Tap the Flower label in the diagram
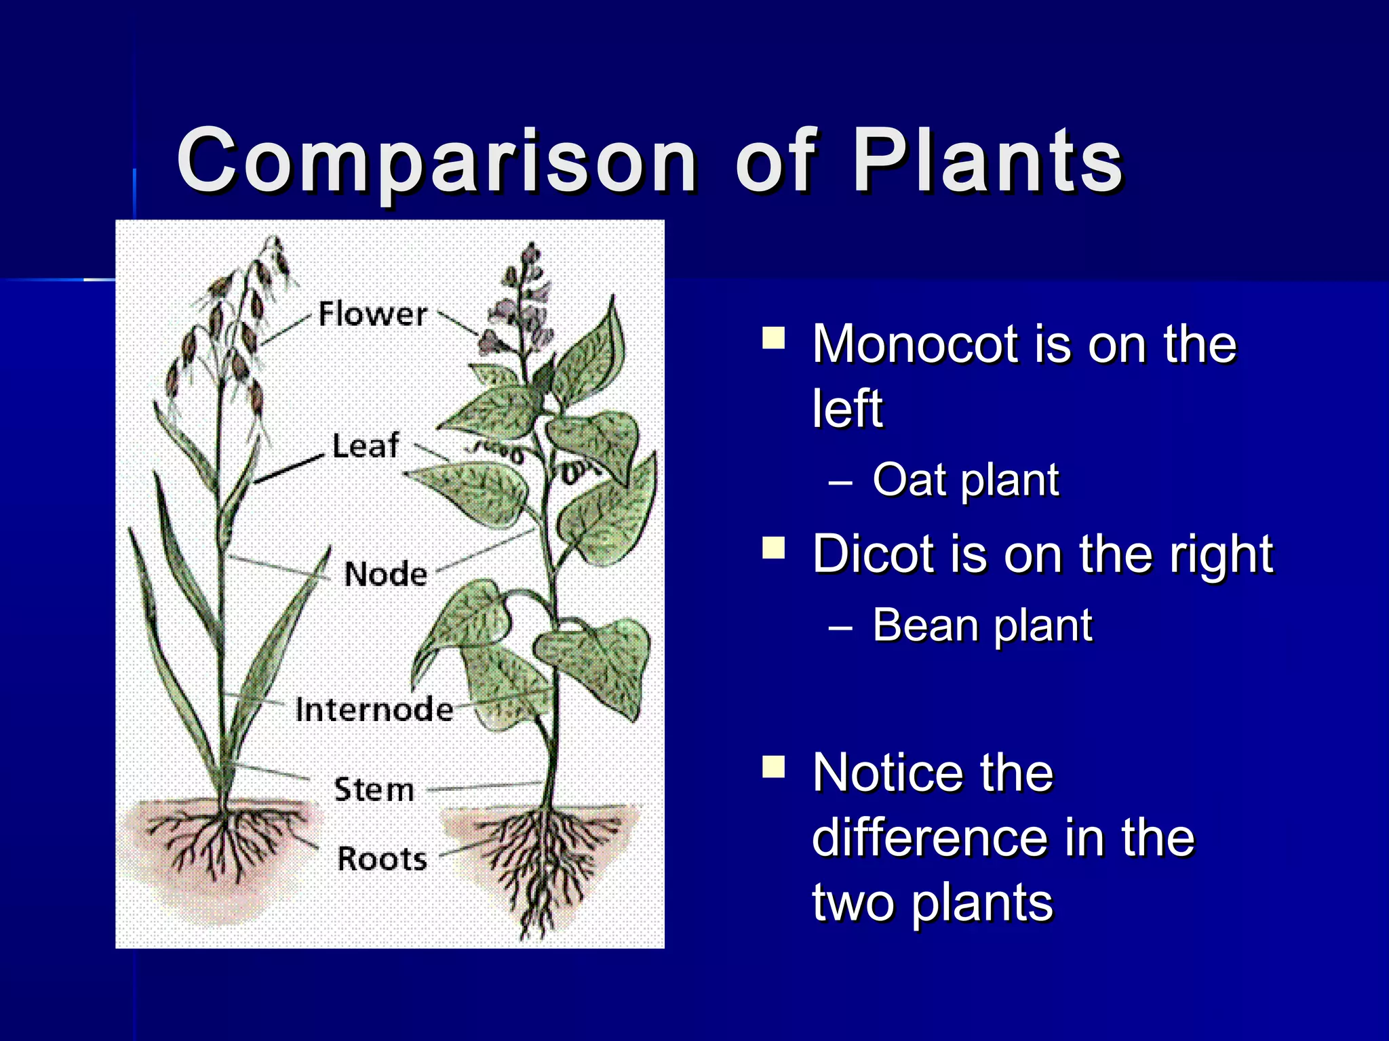[372, 314]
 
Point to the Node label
[385, 575]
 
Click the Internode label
[374, 710]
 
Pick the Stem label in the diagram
[374, 790]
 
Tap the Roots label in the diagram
[382, 859]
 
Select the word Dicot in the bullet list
[873, 554]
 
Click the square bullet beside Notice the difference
[773, 767]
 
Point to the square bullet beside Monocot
[773, 337]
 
